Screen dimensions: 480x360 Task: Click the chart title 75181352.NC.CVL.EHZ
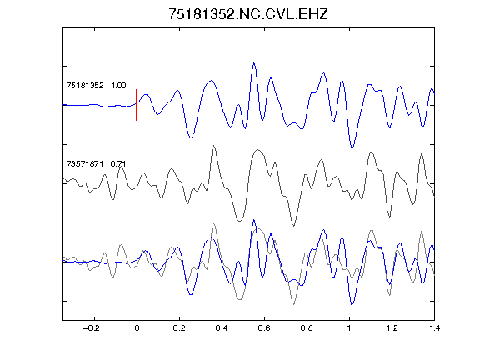point(248,14)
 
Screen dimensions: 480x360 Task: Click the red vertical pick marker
point(137,105)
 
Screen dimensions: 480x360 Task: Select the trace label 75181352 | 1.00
point(96,85)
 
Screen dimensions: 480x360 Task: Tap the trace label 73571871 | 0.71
point(96,164)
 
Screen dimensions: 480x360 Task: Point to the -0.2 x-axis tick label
point(92,328)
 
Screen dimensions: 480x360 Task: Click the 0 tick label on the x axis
point(137,328)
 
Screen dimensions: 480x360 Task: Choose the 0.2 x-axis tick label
point(179,328)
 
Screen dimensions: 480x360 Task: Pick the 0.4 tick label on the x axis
point(222,328)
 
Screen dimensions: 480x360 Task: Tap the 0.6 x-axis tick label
point(264,328)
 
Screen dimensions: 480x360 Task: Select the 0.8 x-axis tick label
point(307,328)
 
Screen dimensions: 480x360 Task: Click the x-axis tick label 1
point(349,328)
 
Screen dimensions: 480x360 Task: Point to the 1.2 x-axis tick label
point(392,328)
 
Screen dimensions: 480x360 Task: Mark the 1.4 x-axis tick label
point(434,328)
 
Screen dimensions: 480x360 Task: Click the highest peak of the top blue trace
point(254,63)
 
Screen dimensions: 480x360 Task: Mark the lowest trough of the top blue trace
point(352,147)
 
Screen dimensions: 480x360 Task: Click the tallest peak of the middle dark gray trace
point(213,146)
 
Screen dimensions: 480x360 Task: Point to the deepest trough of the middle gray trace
point(294,226)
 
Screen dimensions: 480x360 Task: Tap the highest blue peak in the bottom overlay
point(254,220)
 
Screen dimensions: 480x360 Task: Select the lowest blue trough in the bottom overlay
point(352,305)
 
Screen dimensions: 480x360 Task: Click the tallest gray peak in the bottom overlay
point(213,223)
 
